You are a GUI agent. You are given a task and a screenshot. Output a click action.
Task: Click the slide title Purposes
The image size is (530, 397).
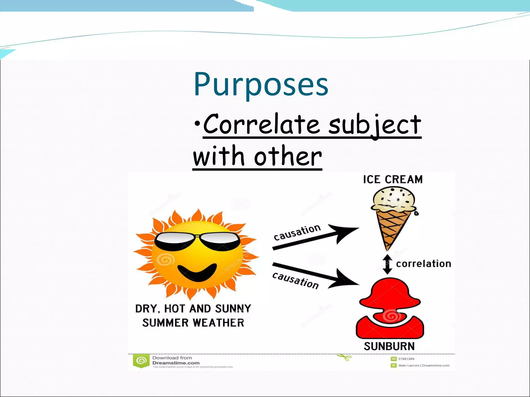click(261, 84)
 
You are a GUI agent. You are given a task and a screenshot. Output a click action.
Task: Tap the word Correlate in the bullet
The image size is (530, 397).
click(261, 125)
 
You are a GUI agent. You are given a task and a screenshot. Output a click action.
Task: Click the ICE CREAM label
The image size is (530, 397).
click(393, 179)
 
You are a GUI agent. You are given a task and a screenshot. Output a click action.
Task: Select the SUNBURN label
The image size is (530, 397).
click(389, 346)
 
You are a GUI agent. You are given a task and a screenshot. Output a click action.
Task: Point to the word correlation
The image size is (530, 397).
click(424, 264)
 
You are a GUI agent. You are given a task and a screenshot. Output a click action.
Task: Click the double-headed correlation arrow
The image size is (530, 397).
click(387, 264)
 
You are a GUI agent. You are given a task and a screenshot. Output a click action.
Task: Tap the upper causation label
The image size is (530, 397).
click(297, 232)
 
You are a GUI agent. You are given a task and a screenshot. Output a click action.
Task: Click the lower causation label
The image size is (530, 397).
click(295, 280)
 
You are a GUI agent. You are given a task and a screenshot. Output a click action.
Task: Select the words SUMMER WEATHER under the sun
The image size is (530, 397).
click(193, 323)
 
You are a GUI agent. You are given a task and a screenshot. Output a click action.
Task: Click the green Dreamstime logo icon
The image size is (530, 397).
click(141, 361)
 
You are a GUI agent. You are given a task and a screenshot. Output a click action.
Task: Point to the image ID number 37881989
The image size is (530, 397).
click(406, 359)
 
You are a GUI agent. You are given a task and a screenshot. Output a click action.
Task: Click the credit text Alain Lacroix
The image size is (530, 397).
click(409, 365)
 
